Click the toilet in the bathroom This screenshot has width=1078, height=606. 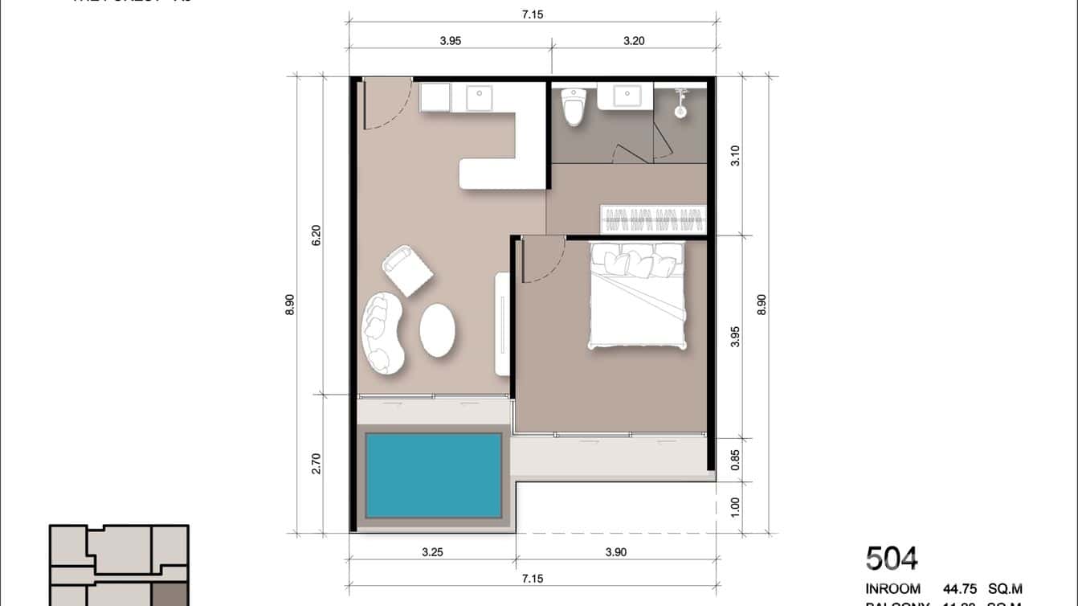(573, 108)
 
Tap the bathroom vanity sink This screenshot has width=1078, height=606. (627, 96)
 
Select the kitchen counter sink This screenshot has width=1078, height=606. (480, 98)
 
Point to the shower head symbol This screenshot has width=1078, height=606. (681, 102)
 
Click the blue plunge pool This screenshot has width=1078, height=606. (434, 475)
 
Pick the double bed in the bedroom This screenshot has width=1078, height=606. (638, 295)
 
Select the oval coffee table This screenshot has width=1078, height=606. (437, 330)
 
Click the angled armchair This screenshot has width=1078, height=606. (407, 271)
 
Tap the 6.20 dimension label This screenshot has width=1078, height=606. (316, 235)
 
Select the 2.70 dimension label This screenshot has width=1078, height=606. (316, 464)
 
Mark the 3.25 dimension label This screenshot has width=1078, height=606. (432, 552)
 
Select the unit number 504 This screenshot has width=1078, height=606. (892, 559)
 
